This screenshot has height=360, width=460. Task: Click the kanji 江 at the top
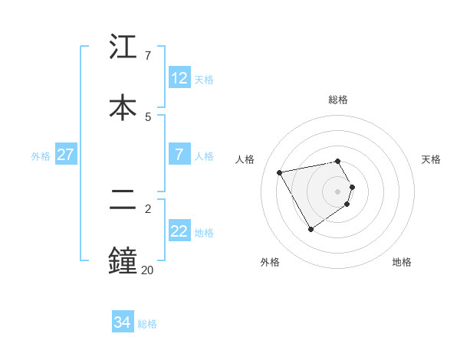(123, 47)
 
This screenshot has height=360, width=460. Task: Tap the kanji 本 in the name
(123, 106)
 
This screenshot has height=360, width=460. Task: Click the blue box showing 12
(179, 78)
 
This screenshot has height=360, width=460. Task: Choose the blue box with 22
(179, 232)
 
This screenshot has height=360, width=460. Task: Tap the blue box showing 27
(65, 155)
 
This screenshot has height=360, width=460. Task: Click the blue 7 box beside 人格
(179, 155)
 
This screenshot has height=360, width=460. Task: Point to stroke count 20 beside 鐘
(147, 270)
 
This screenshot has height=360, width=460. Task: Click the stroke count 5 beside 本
(148, 116)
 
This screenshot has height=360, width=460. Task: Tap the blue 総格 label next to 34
(147, 324)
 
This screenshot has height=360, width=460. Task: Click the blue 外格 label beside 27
(41, 156)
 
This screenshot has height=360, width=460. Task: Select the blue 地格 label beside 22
(204, 233)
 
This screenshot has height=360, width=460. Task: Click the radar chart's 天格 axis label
(431, 159)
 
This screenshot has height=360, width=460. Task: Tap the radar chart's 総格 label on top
(338, 100)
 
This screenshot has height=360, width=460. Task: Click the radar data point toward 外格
(310, 229)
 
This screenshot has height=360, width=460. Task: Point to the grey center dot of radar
(338, 191)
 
